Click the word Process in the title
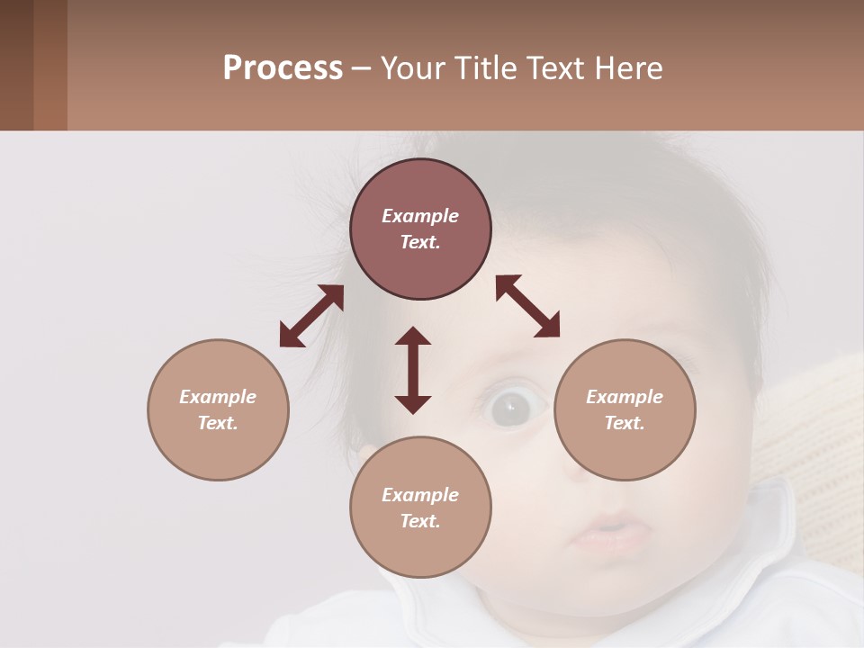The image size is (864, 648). click(x=283, y=68)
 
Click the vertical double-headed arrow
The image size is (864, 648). click(x=413, y=370)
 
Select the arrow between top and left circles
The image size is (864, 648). click(x=311, y=316)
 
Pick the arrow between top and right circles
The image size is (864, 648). click(x=528, y=306)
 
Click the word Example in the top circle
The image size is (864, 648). click(x=420, y=216)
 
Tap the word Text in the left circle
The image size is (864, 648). click(x=218, y=423)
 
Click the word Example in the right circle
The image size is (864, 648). click(x=625, y=397)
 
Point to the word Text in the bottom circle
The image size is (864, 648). click(x=420, y=522)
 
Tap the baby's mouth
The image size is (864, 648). click(x=608, y=533)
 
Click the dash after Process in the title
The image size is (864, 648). click(x=361, y=69)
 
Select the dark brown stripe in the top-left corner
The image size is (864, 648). click(x=16, y=65)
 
